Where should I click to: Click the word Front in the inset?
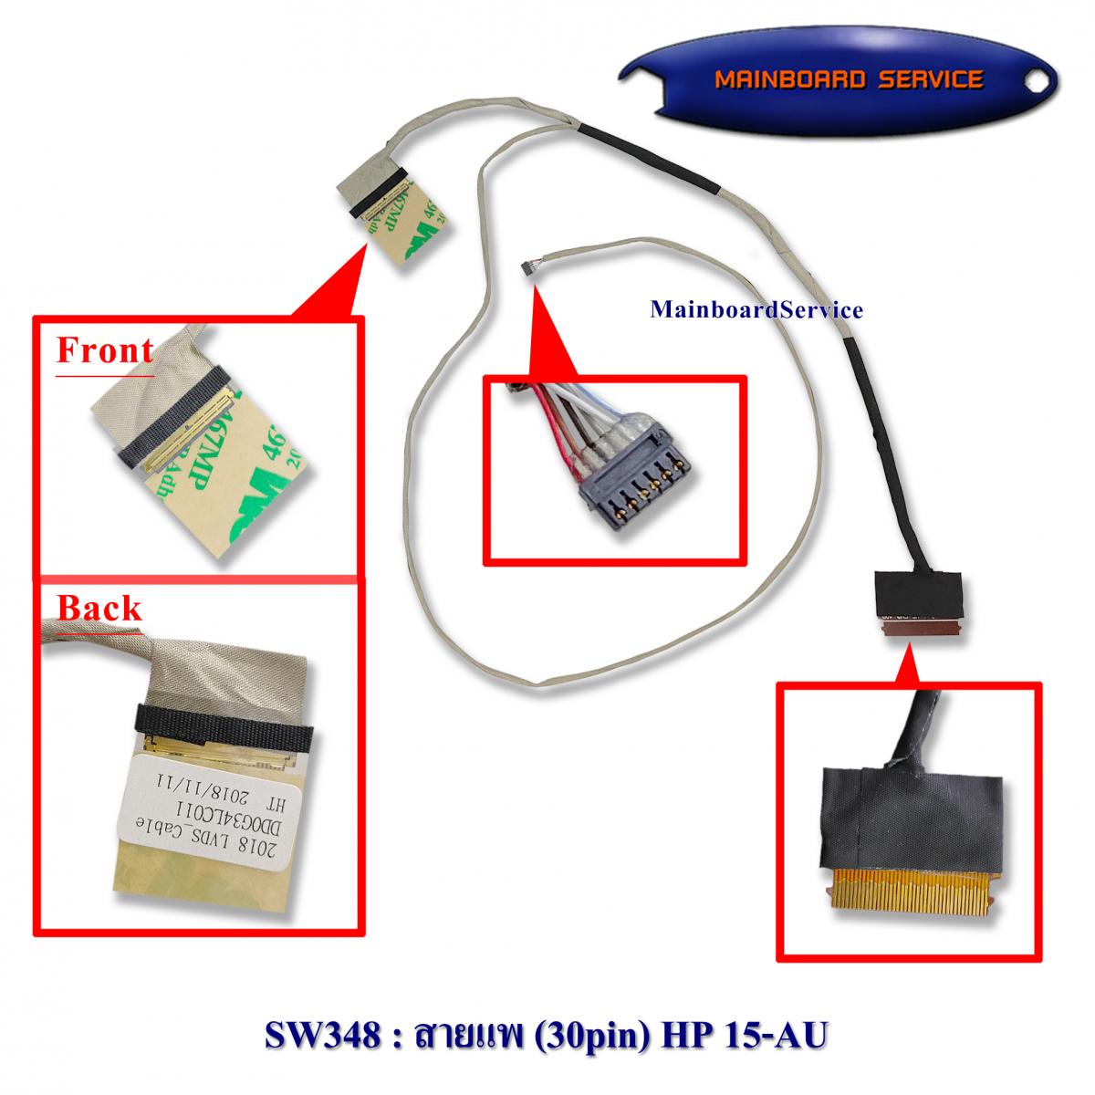104,350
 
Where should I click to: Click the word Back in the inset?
99,608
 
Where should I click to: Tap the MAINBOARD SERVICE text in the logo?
849,80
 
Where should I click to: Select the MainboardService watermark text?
756,310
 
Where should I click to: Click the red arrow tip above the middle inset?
537,289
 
